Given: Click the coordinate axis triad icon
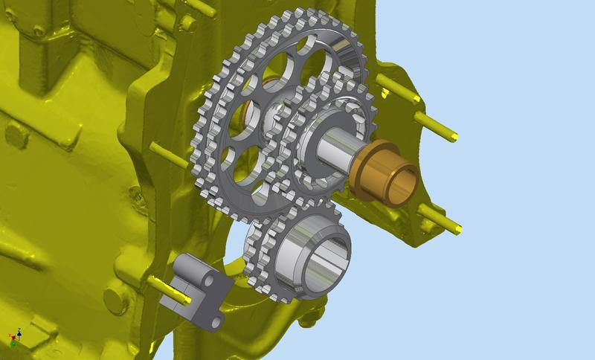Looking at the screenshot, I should pyautogui.click(x=14, y=337).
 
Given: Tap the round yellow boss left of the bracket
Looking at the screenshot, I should pyautogui.click(x=115, y=298).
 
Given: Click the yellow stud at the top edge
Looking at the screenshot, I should pyautogui.click(x=201, y=7).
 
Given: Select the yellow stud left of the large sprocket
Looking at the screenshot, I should pyautogui.click(x=167, y=152).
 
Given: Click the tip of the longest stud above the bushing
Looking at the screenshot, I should pyautogui.click(x=452, y=136).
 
